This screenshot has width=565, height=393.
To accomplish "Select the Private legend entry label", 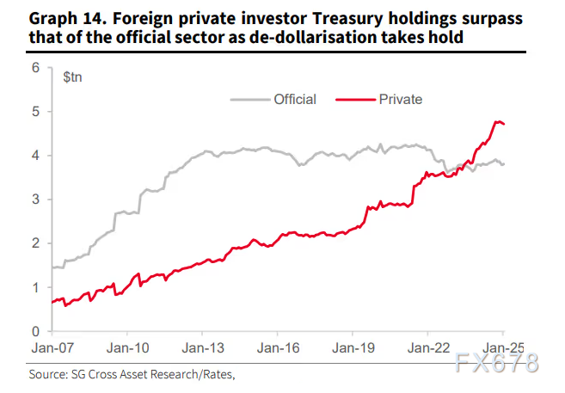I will click(x=400, y=100).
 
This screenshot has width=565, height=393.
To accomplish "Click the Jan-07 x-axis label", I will click(x=52, y=348).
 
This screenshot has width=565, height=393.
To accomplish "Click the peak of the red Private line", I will click(x=497, y=122).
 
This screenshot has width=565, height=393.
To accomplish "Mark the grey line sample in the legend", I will click(x=249, y=100).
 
